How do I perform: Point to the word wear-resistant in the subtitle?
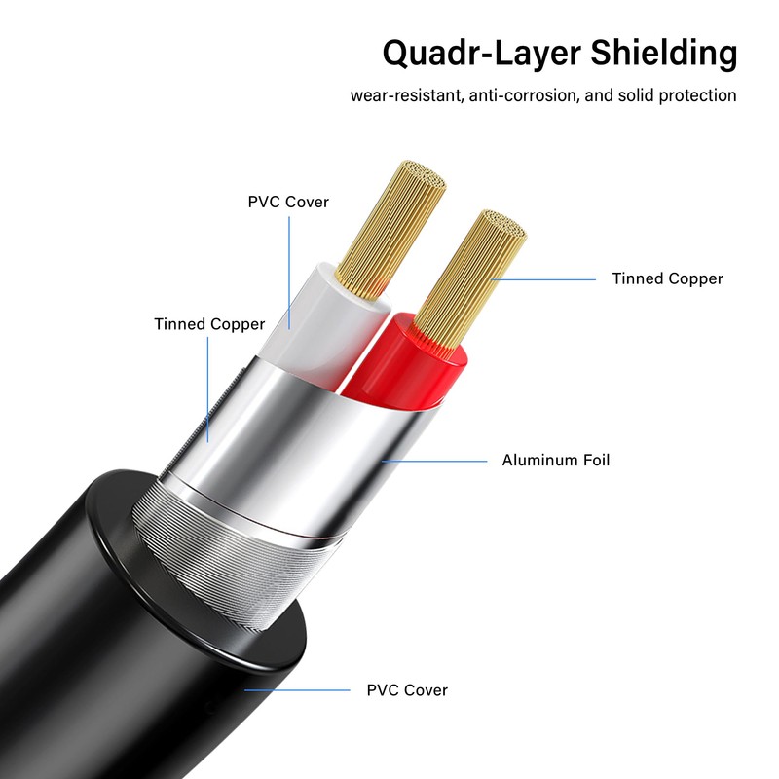pyautogui.click(x=405, y=96)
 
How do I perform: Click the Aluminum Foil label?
pyautogui.click(x=556, y=460)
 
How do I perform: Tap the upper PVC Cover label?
pyautogui.click(x=288, y=203)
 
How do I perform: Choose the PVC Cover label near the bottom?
pyautogui.click(x=407, y=690)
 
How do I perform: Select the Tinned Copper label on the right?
pyautogui.click(x=667, y=279)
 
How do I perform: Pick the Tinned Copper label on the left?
pyautogui.click(x=209, y=324)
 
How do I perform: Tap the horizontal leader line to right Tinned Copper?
pyautogui.click(x=545, y=279)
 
